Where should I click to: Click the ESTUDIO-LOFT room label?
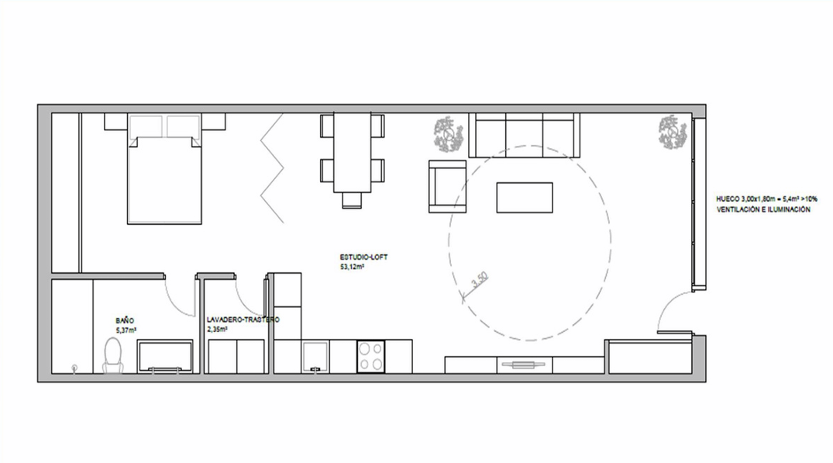click(x=363, y=257)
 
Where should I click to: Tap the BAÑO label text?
click(x=125, y=320)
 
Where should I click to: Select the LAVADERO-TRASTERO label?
click(x=243, y=320)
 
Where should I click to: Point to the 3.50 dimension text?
click(x=479, y=280)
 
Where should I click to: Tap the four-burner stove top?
click(x=371, y=356)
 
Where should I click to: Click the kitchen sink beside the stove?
click(x=315, y=356)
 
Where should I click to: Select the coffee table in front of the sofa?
click(x=525, y=198)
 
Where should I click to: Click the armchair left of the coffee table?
click(x=447, y=187)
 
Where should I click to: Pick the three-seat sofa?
click(x=525, y=135)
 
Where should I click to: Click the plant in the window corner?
click(x=673, y=132)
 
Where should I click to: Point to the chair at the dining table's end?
click(x=352, y=200)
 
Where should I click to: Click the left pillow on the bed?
click(x=146, y=126)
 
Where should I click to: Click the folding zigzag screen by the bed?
click(x=272, y=168)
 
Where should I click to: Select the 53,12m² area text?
click(x=352, y=267)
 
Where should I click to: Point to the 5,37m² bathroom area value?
click(x=126, y=330)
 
